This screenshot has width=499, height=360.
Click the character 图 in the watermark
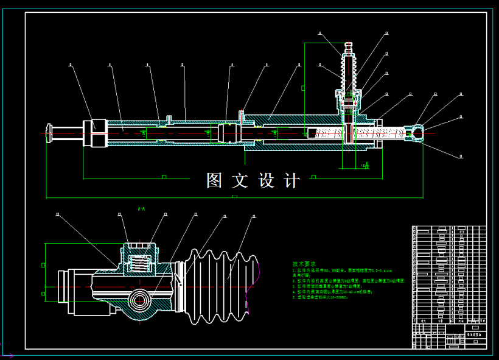point(214,180)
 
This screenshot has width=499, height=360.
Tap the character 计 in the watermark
point(292,180)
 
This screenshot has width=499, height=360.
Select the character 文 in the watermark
point(240,180)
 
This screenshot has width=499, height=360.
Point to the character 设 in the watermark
point(267,180)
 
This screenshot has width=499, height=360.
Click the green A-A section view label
point(141,209)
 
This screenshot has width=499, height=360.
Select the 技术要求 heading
point(304,264)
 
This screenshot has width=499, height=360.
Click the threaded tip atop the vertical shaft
point(349,46)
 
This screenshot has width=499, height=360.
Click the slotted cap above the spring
point(141,248)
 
